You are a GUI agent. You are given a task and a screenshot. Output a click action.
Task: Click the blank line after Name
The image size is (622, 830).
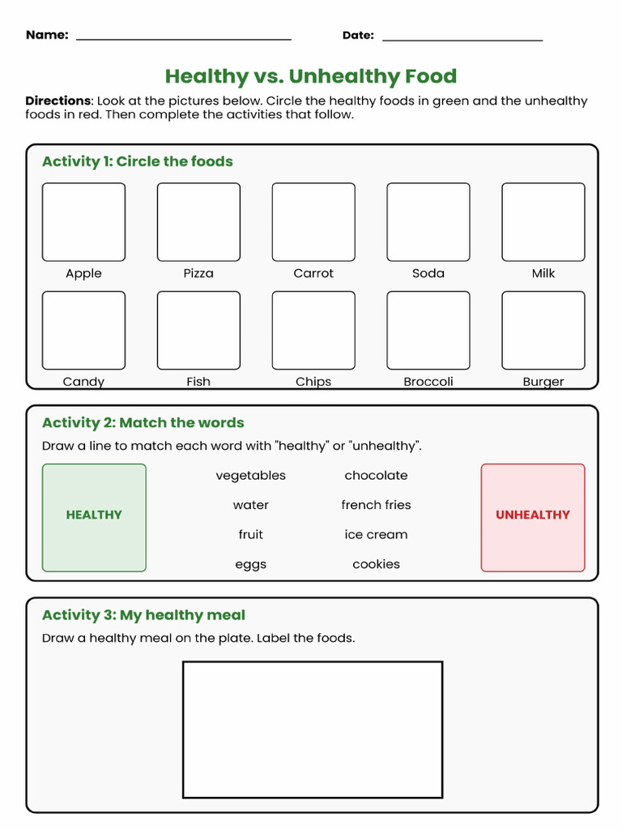click(183, 37)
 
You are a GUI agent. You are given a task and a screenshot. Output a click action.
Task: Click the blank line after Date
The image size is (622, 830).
click(462, 37)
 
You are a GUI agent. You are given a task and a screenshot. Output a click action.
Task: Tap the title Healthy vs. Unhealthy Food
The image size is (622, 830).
click(311, 76)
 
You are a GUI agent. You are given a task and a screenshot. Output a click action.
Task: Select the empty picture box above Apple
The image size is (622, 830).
click(83, 222)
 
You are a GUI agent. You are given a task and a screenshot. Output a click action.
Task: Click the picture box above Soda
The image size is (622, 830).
click(428, 222)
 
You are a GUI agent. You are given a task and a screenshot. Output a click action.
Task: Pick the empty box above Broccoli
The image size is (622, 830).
click(428, 331)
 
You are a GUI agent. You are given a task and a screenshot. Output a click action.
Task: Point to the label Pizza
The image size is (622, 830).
click(198, 273)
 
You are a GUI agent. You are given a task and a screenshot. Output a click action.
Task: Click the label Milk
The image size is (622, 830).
click(543, 273)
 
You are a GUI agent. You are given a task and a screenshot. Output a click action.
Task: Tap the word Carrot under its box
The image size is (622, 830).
click(313, 273)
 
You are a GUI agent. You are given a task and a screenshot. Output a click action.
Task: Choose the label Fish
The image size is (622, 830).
click(198, 381)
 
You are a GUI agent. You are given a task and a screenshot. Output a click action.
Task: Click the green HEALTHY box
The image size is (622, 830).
click(94, 517)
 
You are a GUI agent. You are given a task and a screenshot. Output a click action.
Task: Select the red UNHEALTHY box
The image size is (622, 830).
click(533, 517)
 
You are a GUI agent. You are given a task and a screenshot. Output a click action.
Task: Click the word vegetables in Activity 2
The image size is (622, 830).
click(251, 476)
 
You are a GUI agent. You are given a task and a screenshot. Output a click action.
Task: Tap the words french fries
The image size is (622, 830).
click(376, 505)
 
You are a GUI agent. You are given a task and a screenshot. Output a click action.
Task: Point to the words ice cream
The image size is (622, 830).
click(376, 535)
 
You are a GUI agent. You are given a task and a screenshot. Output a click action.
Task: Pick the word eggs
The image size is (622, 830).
click(251, 564)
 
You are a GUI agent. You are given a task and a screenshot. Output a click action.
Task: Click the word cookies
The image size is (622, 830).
click(376, 564)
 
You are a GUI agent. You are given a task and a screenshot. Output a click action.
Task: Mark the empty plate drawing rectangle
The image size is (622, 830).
click(313, 729)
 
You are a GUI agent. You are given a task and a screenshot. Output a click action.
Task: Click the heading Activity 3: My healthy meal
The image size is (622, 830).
click(143, 615)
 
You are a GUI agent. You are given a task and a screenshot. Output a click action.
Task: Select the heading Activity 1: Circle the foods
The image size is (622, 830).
click(138, 161)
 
